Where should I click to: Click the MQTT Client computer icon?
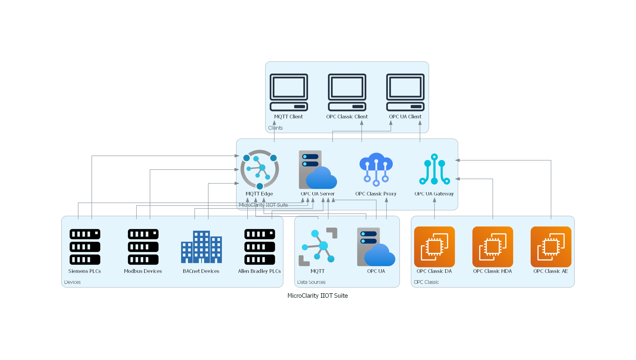tap(289, 92)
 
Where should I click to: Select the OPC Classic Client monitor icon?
tap(347, 92)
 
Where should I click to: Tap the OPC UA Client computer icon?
tap(405, 92)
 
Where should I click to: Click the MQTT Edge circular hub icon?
tap(259, 169)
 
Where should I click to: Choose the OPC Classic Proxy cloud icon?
tap(376, 169)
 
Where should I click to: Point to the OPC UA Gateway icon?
tap(434, 169)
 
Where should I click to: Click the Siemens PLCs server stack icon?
tap(85, 247)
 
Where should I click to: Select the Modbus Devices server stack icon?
tap(143, 247)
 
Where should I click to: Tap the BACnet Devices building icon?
tap(201, 247)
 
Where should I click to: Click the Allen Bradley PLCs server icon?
tap(259, 247)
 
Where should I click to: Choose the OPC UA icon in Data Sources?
tap(376, 247)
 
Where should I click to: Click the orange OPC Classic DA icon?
tap(434, 247)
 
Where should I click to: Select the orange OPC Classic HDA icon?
tap(492, 247)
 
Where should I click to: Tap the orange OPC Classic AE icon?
tap(551, 247)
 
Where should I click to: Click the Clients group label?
tap(275, 128)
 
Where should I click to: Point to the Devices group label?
tap(72, 282)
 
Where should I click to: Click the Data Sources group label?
tap(311, 282)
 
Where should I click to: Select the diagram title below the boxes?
tap(318, 295)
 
